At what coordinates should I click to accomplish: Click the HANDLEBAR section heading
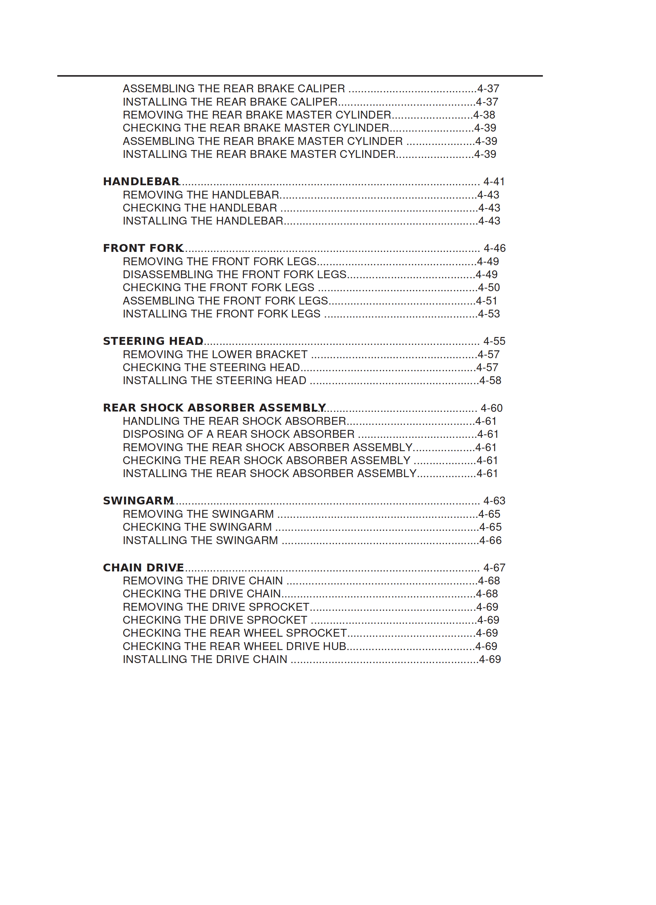click(141, 181)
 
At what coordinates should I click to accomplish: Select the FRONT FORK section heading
click(143, 248)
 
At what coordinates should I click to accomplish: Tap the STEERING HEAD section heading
click(153, 341)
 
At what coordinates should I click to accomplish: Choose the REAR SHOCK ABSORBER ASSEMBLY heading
click(214, 408)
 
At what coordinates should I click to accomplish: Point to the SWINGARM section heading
click(138, 501)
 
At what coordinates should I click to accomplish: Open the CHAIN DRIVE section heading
click(143, 567)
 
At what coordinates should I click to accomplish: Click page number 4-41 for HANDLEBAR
click(494, 181)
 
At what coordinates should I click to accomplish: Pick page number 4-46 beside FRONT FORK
click(494, 248)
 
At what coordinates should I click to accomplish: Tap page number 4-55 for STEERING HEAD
click(494, 341)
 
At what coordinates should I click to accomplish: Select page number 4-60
click(491, 408)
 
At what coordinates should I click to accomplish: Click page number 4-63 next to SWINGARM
click(494, 501)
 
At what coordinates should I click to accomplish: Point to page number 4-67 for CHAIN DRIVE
click(494, 567)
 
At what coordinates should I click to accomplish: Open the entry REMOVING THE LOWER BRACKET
click(215, 354)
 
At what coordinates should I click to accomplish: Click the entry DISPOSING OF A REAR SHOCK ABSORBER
click(238, 434)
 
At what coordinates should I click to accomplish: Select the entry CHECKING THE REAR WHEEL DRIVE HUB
click(234, 646)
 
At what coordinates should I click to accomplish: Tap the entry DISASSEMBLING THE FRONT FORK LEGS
click(234, 274)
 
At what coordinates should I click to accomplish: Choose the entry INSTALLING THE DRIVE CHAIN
click(205, 659)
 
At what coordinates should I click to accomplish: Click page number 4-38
click(484, 115)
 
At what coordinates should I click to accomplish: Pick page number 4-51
click(487, 301)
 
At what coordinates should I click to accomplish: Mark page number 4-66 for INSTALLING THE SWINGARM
click(490, 540)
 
